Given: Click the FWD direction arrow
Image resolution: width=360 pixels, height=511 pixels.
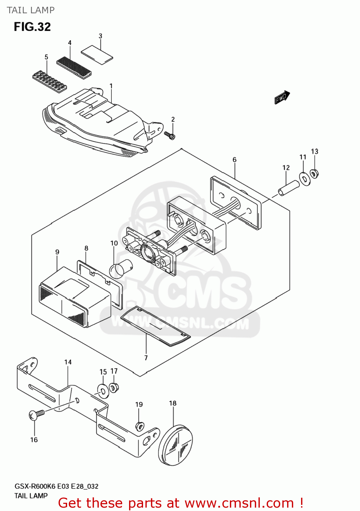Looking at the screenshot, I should pos(282,97).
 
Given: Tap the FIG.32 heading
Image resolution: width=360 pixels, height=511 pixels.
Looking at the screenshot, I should pos(32,27).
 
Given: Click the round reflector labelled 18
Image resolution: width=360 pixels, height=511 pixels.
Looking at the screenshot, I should pos(176,445).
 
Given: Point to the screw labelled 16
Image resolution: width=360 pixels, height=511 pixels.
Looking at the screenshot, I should pos(36,415).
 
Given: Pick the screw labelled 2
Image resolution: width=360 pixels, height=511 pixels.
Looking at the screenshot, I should pos(169,135).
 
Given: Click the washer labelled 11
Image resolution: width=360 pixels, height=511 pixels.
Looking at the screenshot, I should pos(304,179).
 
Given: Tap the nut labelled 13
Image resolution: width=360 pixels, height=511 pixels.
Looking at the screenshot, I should pos(314,174).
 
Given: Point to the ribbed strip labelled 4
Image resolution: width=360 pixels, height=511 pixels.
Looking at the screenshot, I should pos(74,66).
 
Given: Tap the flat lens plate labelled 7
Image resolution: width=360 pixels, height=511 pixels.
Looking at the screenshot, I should pos(155,326).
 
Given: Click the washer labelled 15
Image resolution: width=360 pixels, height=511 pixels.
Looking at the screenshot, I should pos(103,390).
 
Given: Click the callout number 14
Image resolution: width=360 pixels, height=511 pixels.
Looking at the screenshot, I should pos(68,362).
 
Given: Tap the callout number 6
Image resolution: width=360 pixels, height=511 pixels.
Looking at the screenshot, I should pos(234,160).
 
